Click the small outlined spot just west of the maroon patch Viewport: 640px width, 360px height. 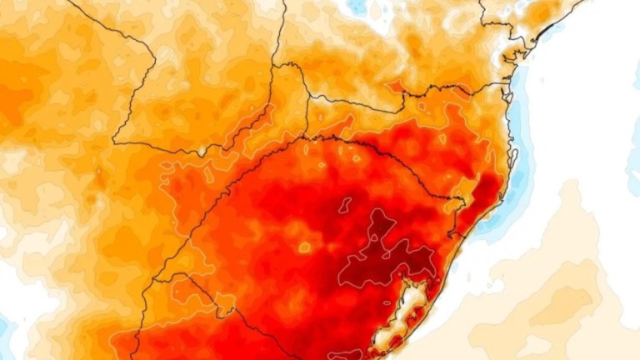304,247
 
